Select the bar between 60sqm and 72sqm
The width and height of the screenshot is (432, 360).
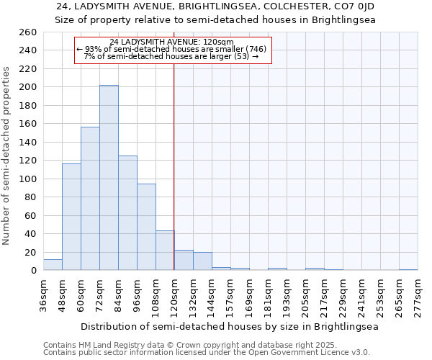[90, 199]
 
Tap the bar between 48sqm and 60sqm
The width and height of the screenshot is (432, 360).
[71, 217]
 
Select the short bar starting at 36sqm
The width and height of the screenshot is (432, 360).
[53, 265]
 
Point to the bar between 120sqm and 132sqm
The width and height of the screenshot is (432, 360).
[184, 261]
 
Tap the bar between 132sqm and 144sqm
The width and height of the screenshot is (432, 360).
[202, 261]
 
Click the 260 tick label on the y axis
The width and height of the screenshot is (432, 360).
[29, 32]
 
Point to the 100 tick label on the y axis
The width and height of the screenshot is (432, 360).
[29, 179]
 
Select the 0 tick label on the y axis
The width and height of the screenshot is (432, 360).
[34, 271]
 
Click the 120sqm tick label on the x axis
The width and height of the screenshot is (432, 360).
[174, 294]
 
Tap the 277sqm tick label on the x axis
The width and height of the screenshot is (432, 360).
[418, 294]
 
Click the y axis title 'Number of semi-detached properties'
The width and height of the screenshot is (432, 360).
[7, 156]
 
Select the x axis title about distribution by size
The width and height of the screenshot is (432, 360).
[230, 326]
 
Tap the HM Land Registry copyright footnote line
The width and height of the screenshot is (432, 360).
[185, 345]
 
